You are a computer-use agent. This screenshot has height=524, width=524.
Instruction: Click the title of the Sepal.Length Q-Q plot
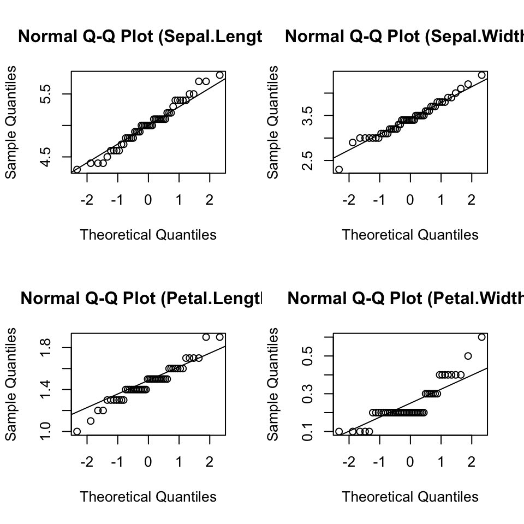click(140, 37)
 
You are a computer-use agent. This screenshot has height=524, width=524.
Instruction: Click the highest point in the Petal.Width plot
click(481, 337)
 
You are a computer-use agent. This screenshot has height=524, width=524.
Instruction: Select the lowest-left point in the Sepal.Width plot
click(339, 169)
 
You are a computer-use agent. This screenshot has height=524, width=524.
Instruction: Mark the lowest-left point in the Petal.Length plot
click(77, 431)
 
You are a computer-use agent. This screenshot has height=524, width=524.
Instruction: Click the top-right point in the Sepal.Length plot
click(219, 75)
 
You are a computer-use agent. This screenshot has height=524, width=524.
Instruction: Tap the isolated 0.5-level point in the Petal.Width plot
click(468, 356)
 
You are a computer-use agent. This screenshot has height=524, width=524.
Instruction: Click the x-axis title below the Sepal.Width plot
click(410, 235)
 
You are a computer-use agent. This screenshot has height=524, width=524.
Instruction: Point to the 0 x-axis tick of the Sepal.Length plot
click(148, 200)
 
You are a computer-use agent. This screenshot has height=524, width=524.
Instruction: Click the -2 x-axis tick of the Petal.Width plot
click(349, 462)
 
